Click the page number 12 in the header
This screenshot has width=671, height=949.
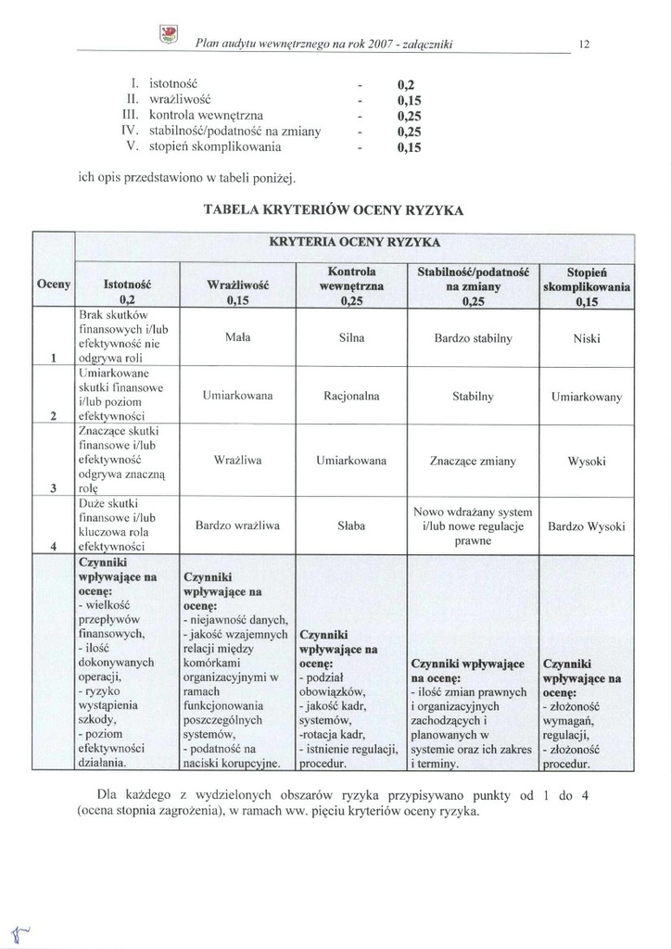(x=585, y=44)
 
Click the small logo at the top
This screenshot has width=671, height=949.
(x=169, y=35)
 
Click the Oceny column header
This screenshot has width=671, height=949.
(x=53, y=284)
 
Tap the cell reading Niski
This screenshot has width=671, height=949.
(x=586, y=339)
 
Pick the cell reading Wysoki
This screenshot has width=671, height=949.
(x=586, y=461)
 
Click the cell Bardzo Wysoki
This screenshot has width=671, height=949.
(x=586, y=526)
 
